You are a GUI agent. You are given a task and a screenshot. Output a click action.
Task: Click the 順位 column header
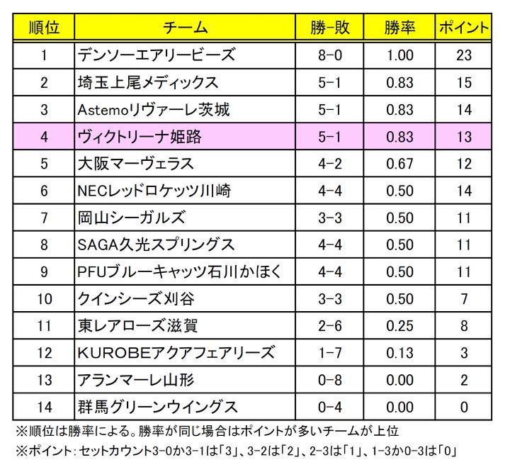pyautogui.click(x=44, y=28)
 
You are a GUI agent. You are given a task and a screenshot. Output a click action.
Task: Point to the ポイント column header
pyautogui.click(x=464, y=28)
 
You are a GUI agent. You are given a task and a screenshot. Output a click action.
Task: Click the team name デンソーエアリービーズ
pyautogui.click(x=157, y=55)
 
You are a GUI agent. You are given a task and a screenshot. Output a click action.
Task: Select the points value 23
pyautogui.click(x=464, y=55)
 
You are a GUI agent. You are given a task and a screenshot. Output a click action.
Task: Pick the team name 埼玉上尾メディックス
pyautogui.click(x=149, y=82)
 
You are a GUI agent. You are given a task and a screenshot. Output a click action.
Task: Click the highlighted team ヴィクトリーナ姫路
pyautogui.click(x=140, y=137)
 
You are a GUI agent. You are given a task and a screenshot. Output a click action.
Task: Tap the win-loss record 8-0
pyautogui.click(x=330, y=55)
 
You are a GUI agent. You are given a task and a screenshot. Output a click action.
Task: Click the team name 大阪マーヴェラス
pyautogui.click(x=135, y=164)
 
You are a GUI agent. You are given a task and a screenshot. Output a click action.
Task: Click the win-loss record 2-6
pyautogui.click(x=330, y=326)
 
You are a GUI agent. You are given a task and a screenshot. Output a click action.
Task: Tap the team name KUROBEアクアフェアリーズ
pyautogui.click(x=176, y=353)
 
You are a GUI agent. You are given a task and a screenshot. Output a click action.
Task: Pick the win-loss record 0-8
pyautogui.click(x=330, y=380)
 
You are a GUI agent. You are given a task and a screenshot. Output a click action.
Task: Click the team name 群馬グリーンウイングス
pyautogui.click(x=157, y=407)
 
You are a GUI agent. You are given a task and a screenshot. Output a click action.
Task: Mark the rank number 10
pyautogui.click(x=44, y=299)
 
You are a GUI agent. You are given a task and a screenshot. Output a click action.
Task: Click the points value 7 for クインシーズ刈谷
pyautogui.click(x=464, y=299)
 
